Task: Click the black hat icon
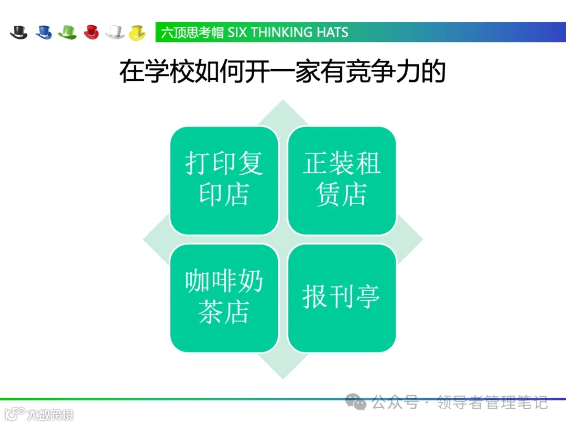pyautogui.click(x=18, y=32)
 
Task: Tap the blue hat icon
pyautogui.click(x=43, y=32)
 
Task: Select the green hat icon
pyautogui.click(x=67, y=32)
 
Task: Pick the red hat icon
pyautogui.click(x=91, y=32)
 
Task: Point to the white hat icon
pyautogui.click(x=115, y=32)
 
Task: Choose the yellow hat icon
pyautogui.click(x=137, y=32)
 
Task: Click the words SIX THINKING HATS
pyautogui.click(x=288, y=33)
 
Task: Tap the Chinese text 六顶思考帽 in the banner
pyautogui.click(x=192, y=33)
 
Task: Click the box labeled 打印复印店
pyautogui.click(x=224, y=180)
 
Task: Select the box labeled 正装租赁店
pyautogui.click(x=342, y=180)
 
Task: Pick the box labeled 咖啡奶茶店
pyautogui.click(x=224, y=297)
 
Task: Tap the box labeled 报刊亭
pyautogui.click(x=342, y=297)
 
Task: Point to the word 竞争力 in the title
pyautogui.click(x=390, y=72)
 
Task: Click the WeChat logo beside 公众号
pyautogui.click(x=358, y=403)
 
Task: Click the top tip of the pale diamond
pyautogui.click(x=283, y=101)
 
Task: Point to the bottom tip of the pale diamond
pyautogui.click(x=283, y=378)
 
